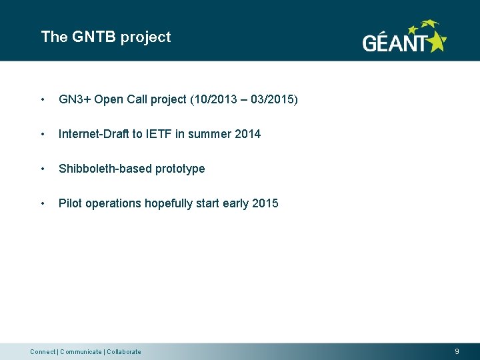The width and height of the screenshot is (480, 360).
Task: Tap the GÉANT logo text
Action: [x=394, y=43]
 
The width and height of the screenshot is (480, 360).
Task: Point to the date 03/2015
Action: [x=273, y=100]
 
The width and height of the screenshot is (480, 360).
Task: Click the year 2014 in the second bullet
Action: [x=247, y=134]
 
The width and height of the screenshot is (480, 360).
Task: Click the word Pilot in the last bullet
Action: [x=69, y=203]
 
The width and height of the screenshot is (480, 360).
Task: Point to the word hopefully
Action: [x=173, y=203]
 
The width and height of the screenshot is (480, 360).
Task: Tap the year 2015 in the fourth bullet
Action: [x=265, y=203]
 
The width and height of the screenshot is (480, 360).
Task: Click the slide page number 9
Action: [x=457, y=351]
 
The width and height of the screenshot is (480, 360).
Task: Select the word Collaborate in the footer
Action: [x=125, y=352]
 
